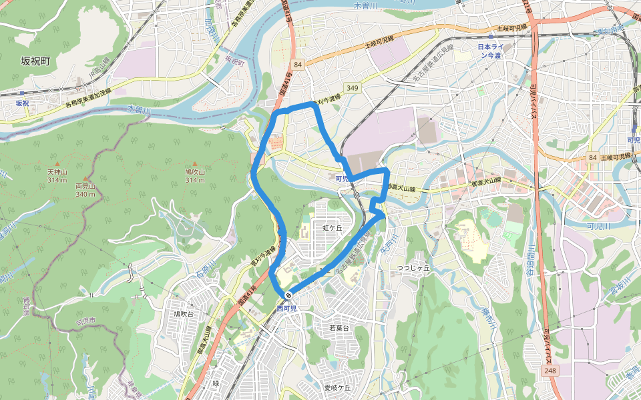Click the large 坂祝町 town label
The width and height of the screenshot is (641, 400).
tap(35, 61)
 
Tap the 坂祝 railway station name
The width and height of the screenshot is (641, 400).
tap(23, 103)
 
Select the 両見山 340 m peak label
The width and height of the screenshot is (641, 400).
tap(85, 189)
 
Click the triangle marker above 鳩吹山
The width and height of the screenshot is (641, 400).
tap(195, 164)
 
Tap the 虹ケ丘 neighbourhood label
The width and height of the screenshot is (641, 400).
tap(332, 227)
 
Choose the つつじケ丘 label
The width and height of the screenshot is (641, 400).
tap(413, 267)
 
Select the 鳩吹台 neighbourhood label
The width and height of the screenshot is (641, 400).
tap(183, 313)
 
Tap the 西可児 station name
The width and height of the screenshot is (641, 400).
tap(286, 309)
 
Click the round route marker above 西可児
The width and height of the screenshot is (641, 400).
tap(288, 295)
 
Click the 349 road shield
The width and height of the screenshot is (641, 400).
tap(353, 88)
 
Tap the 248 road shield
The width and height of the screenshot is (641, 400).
tap(549, 370)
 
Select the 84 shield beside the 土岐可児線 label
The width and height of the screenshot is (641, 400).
tap(592, 157)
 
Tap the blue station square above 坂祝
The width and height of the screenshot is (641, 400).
tap(23, 93)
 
